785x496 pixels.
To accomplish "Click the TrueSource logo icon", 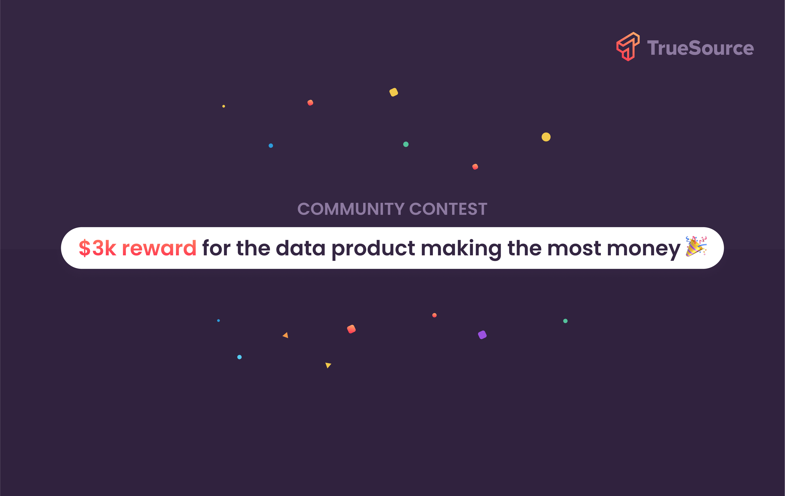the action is point(628,47).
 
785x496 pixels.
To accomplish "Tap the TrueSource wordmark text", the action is point(700,48).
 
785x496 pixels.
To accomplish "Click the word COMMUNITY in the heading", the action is point(351,209).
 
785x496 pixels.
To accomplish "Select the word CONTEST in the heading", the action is point(448,209).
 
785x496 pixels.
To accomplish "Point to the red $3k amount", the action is point(97,248).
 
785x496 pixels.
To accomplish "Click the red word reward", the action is point(159,248).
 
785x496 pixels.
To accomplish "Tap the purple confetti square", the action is point(482,335).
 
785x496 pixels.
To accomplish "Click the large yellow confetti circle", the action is point(546,137).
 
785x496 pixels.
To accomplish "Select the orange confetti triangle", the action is point(286,335).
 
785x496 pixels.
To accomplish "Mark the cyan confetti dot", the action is point(239,357).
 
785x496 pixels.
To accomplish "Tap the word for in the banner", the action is point(216,248).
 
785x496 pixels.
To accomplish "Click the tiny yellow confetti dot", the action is point(224,106).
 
